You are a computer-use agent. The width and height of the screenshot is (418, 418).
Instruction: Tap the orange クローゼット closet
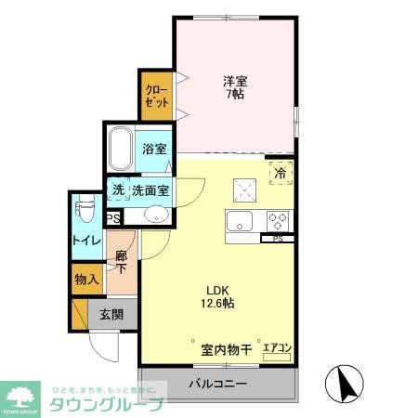coord(156,96)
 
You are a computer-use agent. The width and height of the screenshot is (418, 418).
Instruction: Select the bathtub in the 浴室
coord(121,149)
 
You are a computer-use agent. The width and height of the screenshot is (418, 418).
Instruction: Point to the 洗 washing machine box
coord(117,190)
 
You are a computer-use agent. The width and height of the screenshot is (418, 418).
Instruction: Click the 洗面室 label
coord(150,190)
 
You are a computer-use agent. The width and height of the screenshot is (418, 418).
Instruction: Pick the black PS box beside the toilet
coord(113,219)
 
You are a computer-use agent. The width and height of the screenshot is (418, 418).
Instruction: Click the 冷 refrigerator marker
coord(281,171)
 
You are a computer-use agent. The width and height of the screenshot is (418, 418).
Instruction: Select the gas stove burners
coord(279,222)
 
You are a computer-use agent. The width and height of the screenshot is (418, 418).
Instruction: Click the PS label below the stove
coord(277,240)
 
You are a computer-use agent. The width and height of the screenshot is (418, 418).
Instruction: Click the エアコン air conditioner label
coord(278,349)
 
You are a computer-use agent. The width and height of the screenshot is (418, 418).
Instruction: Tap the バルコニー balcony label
coord(219,383)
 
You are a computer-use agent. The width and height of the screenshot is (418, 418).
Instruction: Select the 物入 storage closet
coord(86,279)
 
